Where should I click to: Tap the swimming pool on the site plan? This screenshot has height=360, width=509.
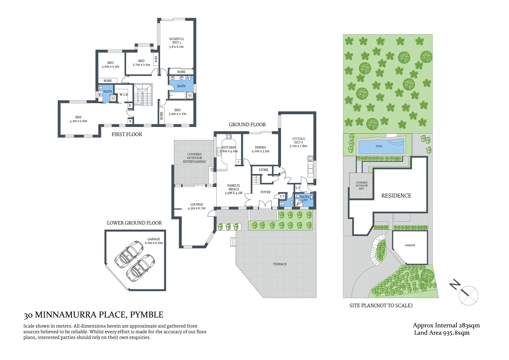[380, 146]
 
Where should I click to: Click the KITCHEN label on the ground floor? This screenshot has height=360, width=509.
[229, 147]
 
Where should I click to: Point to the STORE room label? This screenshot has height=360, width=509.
[263, 170]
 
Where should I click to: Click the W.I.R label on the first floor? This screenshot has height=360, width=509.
[123, 95]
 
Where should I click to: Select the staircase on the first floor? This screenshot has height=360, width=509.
[143, 95]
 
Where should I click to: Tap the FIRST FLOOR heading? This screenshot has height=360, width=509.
[127, 134]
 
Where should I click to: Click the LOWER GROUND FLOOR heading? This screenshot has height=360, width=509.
[134, 223]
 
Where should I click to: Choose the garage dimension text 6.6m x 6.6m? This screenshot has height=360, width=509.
[154, 243]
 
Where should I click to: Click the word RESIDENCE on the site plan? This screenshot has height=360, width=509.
[396, 196]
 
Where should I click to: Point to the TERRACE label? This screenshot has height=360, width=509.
[280, 264]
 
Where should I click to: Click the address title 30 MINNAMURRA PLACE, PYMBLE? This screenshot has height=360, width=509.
[93, 315]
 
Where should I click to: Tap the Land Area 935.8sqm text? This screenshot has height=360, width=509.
[442, 333]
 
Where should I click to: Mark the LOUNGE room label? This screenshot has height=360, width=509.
[197, 204]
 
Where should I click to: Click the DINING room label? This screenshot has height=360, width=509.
[260, 147]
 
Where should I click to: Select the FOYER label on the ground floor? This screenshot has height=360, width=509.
[265, 192]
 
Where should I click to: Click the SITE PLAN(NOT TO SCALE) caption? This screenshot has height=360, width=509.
[381, 305]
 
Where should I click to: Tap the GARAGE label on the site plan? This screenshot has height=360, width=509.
[410, 245]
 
